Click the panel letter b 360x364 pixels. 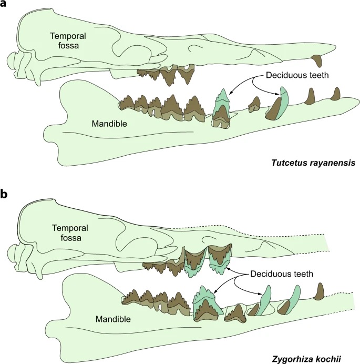point(5,194)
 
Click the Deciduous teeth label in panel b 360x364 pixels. point(274,274)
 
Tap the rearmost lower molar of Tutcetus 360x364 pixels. point(126,102)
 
